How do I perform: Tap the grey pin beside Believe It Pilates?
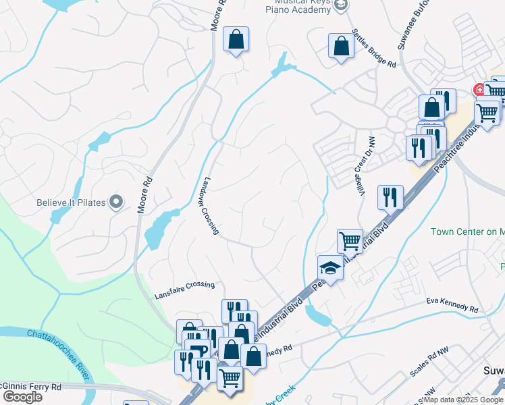pyautogui.click(x=116, y=201)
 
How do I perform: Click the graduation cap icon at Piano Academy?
pyautogui.click(x=342, y=5)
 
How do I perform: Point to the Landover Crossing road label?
pyautogui.click(x=209, y=207)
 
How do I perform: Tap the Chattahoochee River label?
pyautogui.click(x=60, y=352)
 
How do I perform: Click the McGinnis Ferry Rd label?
pyautogui.click(x=30, y=387)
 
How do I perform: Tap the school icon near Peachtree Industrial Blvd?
pyautogui.click(x=330, y=267)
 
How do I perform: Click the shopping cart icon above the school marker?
pyautogui.click(x=349, y=240)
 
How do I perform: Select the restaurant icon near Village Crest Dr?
pyautogui.click(x=390, y=196)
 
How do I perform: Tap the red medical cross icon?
pyautogui.click(x=479, y=90)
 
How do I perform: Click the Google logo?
pyautogui.click(x=22, y=397)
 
